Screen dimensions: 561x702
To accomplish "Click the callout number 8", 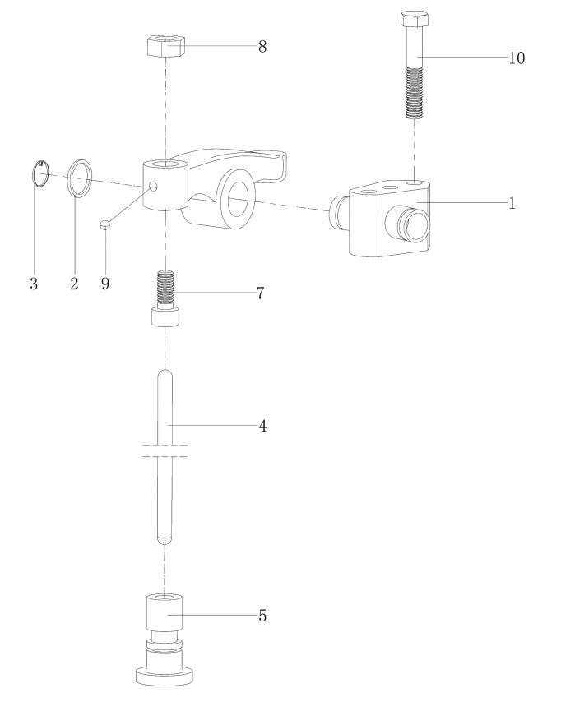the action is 262,47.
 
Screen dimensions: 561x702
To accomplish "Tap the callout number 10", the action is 517,58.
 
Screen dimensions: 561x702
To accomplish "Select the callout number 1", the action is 512,203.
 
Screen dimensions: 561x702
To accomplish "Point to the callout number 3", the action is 34,284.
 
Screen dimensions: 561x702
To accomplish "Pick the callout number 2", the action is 74,284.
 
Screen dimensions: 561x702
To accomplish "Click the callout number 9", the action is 104,284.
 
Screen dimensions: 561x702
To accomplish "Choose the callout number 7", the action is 260,293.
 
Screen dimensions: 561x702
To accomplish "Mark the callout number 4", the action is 262,426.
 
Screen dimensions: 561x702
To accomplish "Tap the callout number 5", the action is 262,616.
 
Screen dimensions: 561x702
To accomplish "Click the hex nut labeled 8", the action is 166,46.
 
